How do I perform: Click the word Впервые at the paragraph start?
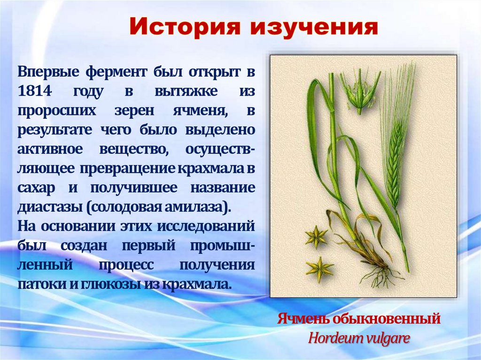pos(48,72)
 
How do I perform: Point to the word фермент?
pos(116,72)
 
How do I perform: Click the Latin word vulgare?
pos(388,338)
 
